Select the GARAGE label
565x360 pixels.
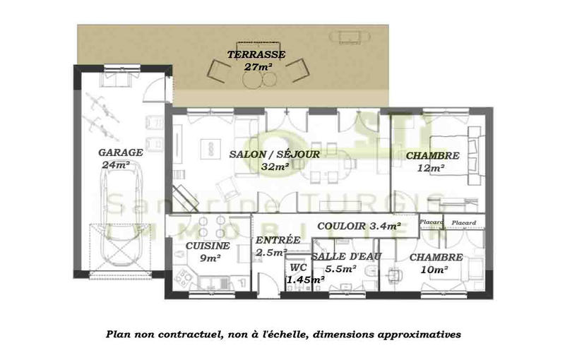click(x=121, y=152)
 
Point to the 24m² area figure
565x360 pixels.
click(x=116, y=164)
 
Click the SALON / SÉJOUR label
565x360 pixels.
click(x=275, y=155)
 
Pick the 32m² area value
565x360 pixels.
click(x=275, y=167)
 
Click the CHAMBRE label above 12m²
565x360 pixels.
click(x=434, y=156)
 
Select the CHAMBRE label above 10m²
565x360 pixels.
click(x=436, y=258)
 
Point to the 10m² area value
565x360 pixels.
click(x=434, y=270)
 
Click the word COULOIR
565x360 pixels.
click(x=341, y=227)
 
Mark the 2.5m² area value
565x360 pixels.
click(x=271, y=252)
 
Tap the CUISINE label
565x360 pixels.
click(x=208, y=246)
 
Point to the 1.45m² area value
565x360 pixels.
click(x=305, y=280)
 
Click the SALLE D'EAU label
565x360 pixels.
click(x=347, y=256)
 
